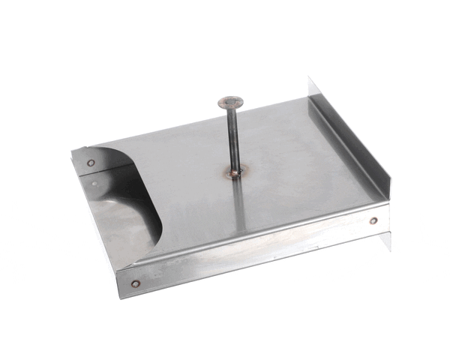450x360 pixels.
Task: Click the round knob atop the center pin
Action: click(x=230, y=100)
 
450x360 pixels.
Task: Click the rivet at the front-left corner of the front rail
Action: click(x=135, y=284)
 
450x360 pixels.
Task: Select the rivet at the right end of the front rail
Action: click(x=373, y=220)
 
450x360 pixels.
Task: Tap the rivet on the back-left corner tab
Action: click(x=91, y=162)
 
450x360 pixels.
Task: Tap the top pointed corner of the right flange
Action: click(x=310, y=78)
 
